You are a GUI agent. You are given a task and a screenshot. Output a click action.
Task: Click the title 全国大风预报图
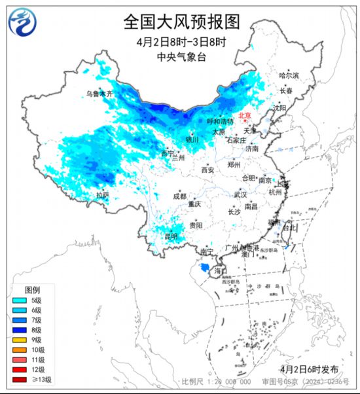tap(179, 22)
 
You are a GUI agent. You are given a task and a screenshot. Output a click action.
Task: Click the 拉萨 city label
tap(102, 194)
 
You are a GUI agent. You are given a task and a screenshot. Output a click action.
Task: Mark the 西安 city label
tap(207, 170)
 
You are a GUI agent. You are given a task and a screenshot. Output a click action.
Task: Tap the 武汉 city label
tap(240, 194)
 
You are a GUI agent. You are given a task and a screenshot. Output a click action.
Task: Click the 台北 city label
tap(289, 228)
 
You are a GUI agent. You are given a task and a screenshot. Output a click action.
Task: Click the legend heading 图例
tap(33, 289)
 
